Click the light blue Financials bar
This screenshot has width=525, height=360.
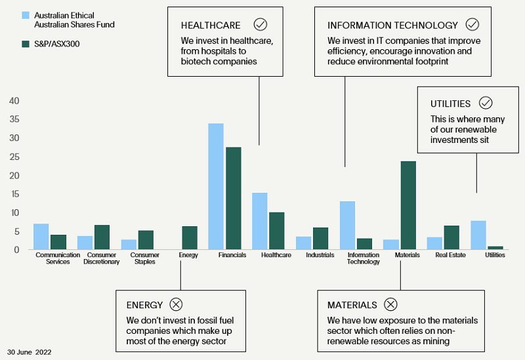point(216,186)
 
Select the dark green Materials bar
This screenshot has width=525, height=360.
point(408,205)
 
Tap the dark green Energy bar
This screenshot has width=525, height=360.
point(189,238)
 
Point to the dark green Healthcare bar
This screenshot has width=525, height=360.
point(276,231)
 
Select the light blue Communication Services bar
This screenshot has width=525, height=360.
point(41,237)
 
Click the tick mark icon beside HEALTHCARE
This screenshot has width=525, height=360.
point(261,25)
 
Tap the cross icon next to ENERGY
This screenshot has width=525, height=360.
point(176,304)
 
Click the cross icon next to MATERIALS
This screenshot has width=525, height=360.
point(390,304)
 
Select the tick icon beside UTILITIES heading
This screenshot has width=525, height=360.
point(486,103)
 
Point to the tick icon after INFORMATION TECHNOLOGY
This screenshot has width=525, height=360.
point(472,25)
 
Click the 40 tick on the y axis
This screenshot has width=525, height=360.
point(14,101)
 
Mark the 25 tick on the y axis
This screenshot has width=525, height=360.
point(14,157)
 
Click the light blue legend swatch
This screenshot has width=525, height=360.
point(26,14)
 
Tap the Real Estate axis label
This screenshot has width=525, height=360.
point(451,255)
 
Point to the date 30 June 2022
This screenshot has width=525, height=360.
point(30,352)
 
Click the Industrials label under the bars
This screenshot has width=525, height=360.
point(320,255)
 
